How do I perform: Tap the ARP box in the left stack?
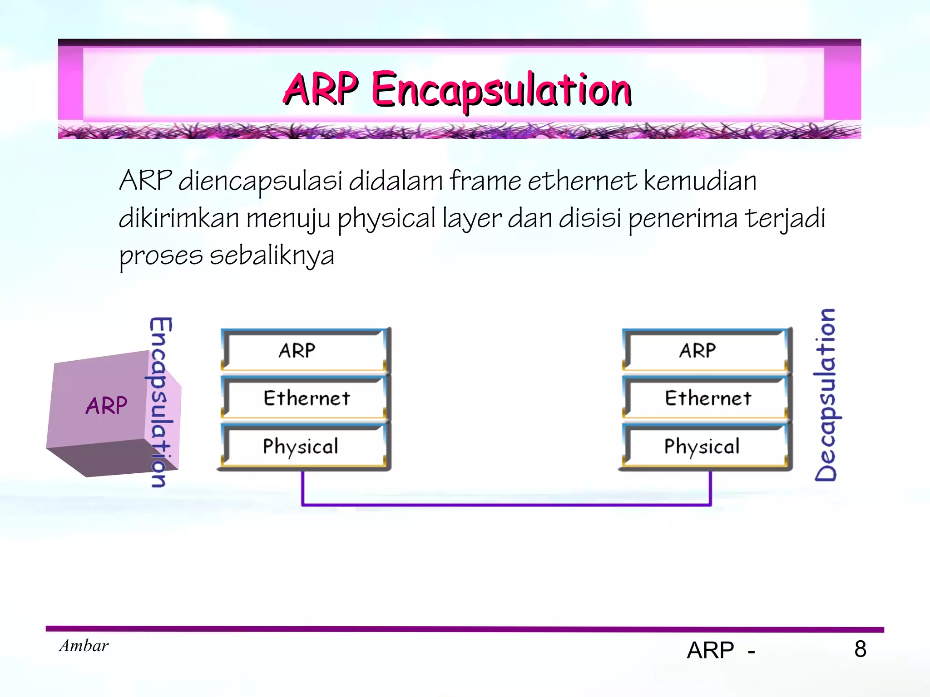click(x=304, y=350)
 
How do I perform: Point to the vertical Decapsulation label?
click(x=825, y=395)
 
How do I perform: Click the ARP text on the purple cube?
click(x=106, y=405)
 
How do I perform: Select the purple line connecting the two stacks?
click(x=506, y=504)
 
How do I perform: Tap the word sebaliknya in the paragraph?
click(x=272, y=256)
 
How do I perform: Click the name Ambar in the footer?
click(x=84, y=646)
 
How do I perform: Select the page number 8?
click(x=860, y=649)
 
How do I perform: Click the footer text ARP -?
click(x=720, y=650)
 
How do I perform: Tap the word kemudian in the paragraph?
click(x=700, y=181)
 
